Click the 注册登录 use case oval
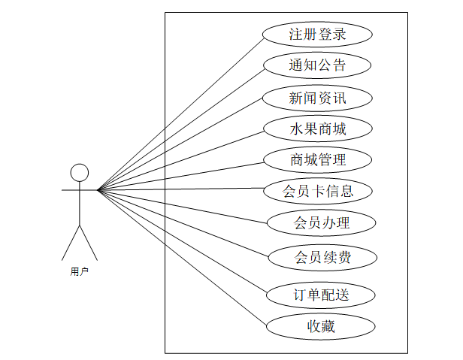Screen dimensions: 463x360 pyautogui.click(x=318, y=35)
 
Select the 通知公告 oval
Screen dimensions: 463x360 pyautogui.click(x=318, y=65)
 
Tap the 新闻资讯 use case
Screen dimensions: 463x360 pyautogui.click(x=318, y=98)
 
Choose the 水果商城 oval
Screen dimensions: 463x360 pyautogui.click(x=318, y=129)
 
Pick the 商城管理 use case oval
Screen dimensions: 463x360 pyautogui.click(x=318, y=159)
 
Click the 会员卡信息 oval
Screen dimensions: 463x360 pyautogui.click(x=318, y=191)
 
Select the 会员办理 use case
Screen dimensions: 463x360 pyautogui.click(x=321, y=222)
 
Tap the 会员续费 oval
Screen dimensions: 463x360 pyautogui.click(x=321, y=257)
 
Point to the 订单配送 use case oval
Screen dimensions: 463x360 pyautogui.click(x=321, y=295)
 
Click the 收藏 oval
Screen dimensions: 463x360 pyautogui.click(x=321, y=326)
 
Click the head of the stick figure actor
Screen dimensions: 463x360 pyautogui.click(x=79, y=173)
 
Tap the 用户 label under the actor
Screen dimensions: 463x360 pyautogui.click(x=79, y=272)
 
